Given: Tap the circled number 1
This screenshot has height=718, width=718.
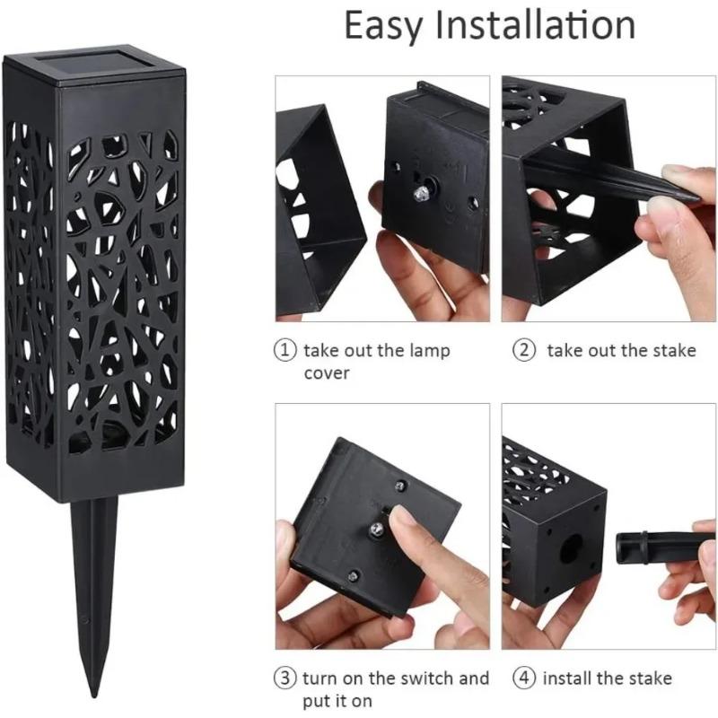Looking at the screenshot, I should [x=285, y=351].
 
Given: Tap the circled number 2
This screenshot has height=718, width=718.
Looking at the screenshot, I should [x=523, y=351].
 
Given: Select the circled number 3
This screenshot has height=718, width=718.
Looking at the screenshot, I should [x=285, y=679].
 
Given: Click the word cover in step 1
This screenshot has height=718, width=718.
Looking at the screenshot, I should [x=327, y=372].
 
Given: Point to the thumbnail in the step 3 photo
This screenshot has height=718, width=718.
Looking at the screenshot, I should [x=400, y=519].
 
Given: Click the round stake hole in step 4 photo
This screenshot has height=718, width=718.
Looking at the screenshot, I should [x=569, y=549].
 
